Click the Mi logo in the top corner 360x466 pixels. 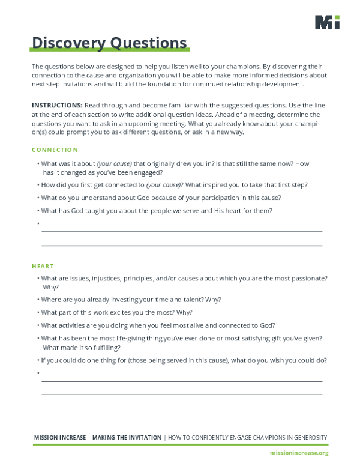coord(327,22)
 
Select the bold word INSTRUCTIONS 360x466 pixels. coord(57,104)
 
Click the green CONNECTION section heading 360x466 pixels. coord(55,150)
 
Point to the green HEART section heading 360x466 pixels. coord(43,265)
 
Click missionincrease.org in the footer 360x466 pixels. coord(299,452)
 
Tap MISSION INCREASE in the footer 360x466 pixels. coord(60,438)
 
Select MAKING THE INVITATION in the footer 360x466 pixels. coord(127,438)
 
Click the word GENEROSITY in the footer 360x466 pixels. coord(305,438)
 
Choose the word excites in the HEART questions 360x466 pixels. coord(130,312)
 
